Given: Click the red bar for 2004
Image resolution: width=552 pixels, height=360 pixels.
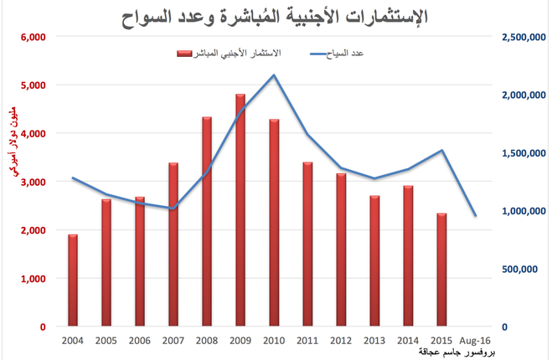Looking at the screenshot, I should coord(72,280).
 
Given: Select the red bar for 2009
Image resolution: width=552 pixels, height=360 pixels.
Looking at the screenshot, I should coord(240,209).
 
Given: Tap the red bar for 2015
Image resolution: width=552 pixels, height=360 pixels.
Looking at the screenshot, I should coord(441,270).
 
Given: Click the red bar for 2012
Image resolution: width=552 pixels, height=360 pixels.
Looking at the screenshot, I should coord(341,249).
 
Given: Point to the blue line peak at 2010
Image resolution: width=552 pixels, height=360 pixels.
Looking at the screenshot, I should coord(273,75).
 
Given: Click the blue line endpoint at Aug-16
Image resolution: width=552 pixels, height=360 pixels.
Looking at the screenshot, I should coord(475,216).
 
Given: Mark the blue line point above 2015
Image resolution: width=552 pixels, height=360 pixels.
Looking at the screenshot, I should coord(441,151).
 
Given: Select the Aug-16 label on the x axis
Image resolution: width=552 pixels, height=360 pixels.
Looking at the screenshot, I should coord(475,342).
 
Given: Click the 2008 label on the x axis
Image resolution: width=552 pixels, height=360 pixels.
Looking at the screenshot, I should coord(206,342).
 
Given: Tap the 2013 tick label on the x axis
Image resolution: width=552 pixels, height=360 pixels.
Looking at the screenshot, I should coord(374,342).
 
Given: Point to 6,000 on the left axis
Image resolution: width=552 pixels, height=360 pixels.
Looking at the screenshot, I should coord(32,37).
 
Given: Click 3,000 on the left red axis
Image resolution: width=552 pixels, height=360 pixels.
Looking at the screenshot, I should coord(32,182).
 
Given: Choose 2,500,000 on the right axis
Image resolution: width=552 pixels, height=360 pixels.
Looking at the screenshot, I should coord(524,37).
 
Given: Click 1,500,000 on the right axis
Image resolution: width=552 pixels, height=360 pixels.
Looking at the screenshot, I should coord(524,153).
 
